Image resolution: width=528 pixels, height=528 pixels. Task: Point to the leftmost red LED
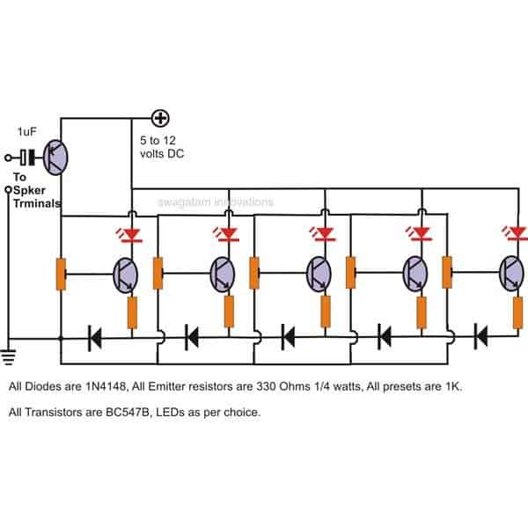(133, 234)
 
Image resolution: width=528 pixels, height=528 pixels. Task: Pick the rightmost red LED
(518, 233)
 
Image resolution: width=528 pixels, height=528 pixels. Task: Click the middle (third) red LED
(326, 234)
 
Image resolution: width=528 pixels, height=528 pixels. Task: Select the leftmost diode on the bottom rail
(95, 335)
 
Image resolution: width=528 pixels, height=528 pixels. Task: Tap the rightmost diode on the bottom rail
(480, 335)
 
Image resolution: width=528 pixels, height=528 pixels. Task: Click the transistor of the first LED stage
(126, 274)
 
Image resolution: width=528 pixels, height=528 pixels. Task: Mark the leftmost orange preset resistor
(61, 274)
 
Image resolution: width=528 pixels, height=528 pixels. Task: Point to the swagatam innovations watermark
(216, 202)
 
